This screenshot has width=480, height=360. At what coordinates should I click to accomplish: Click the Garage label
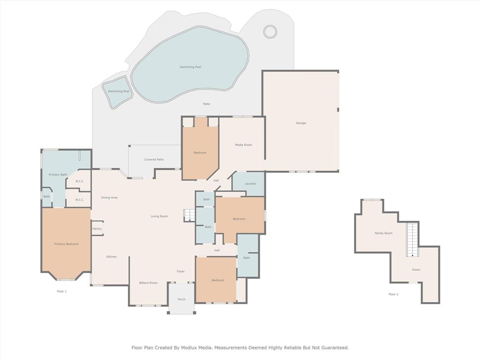300,123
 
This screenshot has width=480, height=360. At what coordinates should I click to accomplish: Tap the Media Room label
243,145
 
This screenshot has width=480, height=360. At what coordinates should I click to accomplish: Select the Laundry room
250,183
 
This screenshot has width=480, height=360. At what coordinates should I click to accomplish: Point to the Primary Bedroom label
66,244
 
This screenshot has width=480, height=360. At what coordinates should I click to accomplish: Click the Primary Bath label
58,174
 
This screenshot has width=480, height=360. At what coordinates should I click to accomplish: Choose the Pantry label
97,229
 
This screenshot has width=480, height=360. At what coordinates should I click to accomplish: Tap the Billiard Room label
148,283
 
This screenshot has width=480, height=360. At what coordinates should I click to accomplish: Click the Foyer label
180,271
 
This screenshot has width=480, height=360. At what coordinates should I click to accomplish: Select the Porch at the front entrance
181,300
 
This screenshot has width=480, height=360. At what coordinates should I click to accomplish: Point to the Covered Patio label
154,159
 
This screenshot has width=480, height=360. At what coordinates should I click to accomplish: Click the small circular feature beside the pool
270,31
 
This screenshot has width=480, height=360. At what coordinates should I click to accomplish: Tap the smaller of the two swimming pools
118,92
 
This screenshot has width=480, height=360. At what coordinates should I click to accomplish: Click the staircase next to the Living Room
189,215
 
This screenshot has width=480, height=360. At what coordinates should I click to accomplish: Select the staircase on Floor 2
412,240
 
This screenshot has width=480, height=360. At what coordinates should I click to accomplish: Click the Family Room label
383,233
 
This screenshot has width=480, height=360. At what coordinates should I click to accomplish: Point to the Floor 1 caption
62,291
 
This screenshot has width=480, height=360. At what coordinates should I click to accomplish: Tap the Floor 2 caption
393,294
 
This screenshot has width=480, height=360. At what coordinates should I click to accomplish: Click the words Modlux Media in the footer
197,348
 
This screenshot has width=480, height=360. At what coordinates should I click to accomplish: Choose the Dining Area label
109,197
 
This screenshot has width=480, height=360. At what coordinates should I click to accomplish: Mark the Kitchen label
111,256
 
